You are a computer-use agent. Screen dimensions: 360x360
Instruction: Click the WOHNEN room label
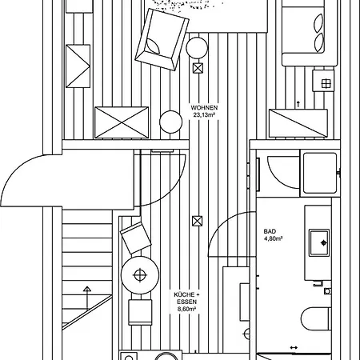(x=204, y=107)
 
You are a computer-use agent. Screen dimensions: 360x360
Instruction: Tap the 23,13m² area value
(x=205, y=115)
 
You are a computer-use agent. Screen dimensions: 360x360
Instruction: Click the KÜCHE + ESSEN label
(x=186, y=298)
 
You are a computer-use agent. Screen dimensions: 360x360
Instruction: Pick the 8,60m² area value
(x=186, y=314)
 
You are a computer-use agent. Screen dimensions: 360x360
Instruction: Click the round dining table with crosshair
(x=141, y=275)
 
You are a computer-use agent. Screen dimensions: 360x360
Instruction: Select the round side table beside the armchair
(x=197, y=47)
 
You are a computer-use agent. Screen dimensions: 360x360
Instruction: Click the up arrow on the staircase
(x=86, y=288)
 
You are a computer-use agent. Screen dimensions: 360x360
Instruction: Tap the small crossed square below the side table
(x=198, y=69)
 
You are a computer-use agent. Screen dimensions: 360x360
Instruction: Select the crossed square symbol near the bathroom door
(x=198, y=221)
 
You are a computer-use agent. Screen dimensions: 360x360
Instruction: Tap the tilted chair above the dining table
(x=135, y=238)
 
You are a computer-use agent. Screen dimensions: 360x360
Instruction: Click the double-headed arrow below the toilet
(x=294, y=346)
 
